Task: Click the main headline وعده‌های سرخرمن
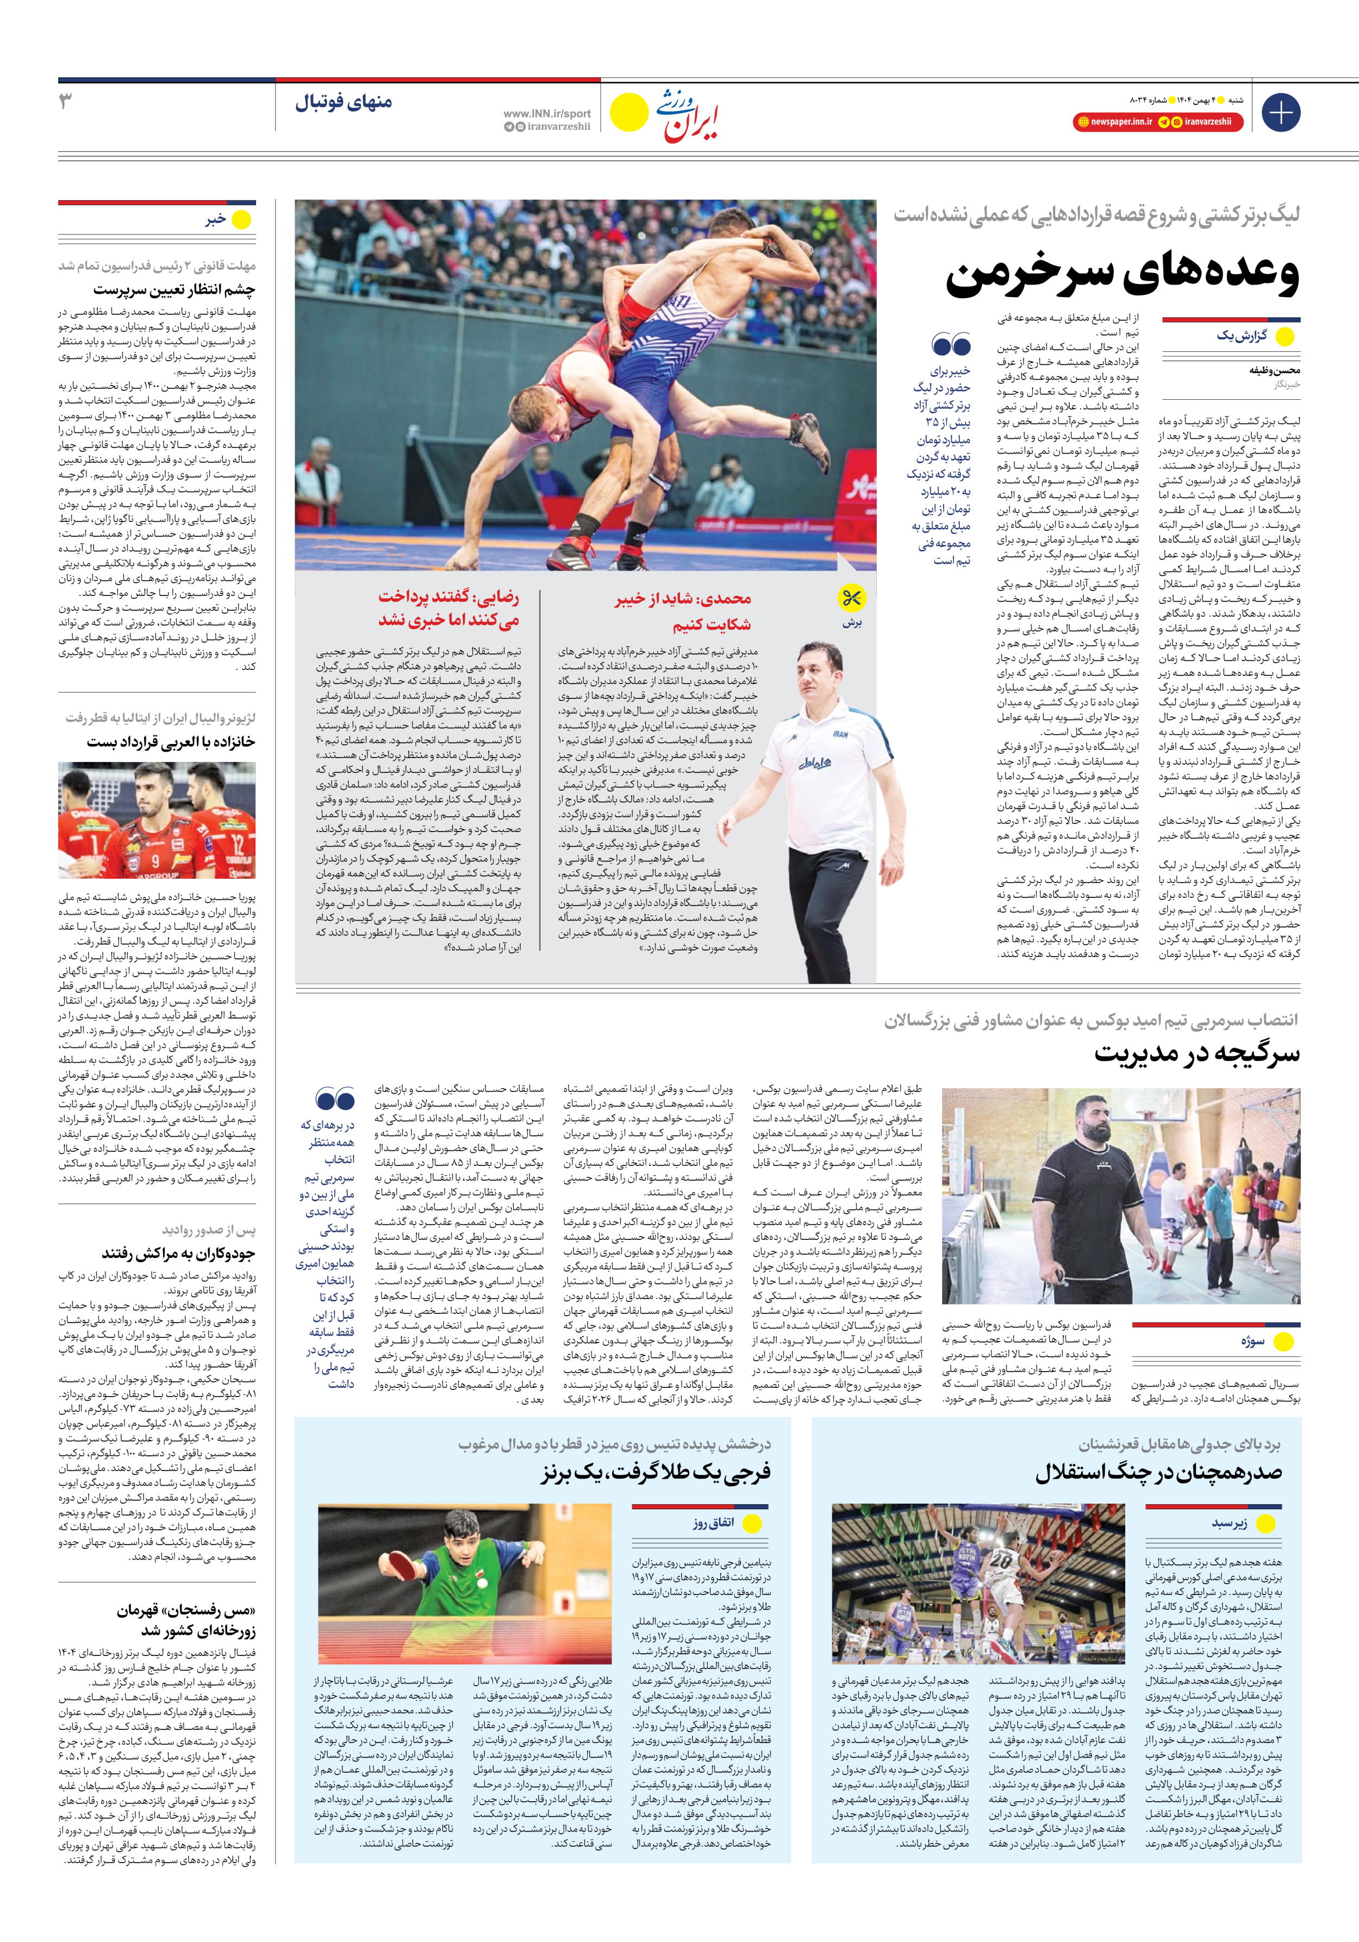1121,275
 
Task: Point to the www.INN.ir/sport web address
546,113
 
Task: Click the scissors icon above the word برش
851,598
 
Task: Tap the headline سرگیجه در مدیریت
1196,1054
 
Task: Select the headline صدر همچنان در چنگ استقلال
1158,1473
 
